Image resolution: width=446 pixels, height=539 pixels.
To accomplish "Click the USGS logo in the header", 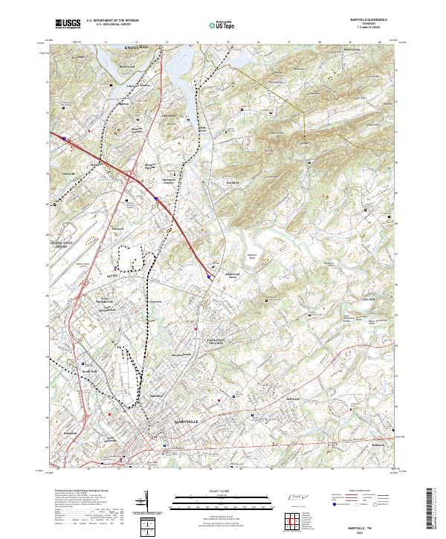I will click(68, 24).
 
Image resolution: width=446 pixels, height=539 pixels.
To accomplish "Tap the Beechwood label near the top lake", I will click(126, 66).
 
